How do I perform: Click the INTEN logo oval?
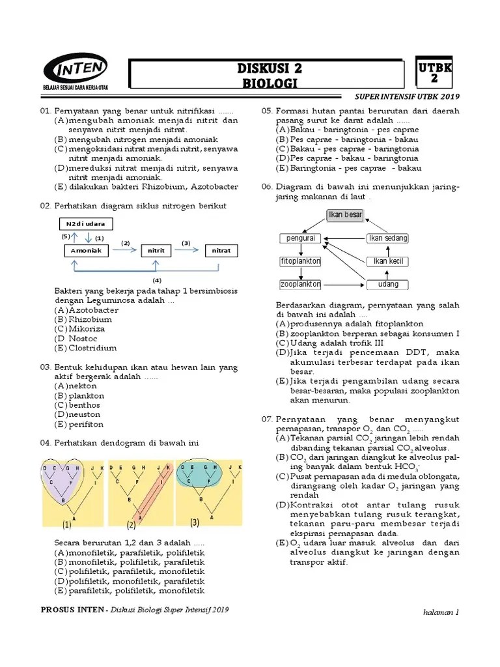pyautogui.click(x=76, y=70)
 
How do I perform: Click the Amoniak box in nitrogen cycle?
pyautogui.click(x=86, y=251)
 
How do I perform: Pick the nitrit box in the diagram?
pyautogui.click(x=156, y=251)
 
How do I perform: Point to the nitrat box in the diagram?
pyautogui.click(x=222, y=251)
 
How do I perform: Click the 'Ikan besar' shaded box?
pyautogui.click(x=344, y=215)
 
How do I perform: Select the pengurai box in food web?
pyautogui.click(x=300, y=238)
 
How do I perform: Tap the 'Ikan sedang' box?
pyautogui.click(x=388, y=238)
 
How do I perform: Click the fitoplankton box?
pyautogui.click(x=300, y=261)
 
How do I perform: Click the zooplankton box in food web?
pyautogui.click(x=300, y=285)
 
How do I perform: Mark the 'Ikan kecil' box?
pyautogui.click(x=388, y=261)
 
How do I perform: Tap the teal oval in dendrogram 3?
pyautogui.click(x=199, y=475)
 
